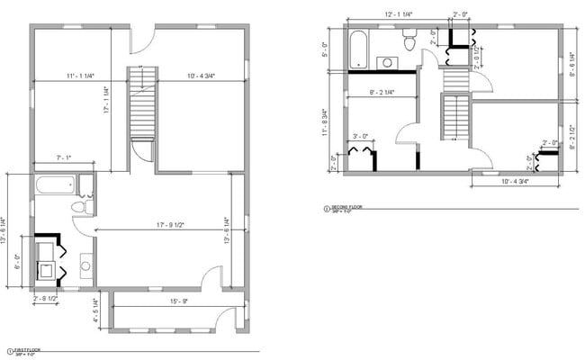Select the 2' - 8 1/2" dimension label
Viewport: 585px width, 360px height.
(45, 298)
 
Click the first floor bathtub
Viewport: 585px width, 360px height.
(56, 187)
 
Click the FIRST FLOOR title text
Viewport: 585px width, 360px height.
(25, 350)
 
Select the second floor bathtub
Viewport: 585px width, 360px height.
(359, 49)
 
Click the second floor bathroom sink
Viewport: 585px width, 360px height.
(388, 62)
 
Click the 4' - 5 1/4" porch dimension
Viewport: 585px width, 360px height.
(96, 310)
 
